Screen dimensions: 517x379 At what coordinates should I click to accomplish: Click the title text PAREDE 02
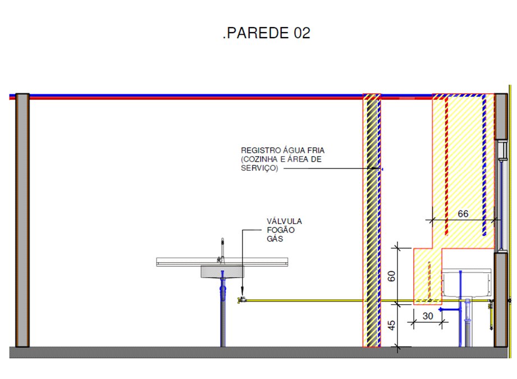tap(267, 33)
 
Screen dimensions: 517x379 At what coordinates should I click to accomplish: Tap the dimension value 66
tap(463, 214)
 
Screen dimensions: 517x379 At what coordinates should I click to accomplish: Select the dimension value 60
tap(391, 276)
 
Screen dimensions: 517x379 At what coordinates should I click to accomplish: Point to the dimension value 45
tap(391, 325)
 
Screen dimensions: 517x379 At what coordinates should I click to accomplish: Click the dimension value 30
tap(428, 316)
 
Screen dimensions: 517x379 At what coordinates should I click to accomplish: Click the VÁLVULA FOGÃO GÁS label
tap(284, 230)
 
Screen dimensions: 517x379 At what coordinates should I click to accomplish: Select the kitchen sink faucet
tap(221, 250)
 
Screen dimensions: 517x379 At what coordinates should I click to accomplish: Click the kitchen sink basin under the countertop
tap(222, 272)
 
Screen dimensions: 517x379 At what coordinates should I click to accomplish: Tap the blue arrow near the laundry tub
tap(449, 309)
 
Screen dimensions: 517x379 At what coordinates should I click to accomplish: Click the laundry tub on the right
tap(466, 283)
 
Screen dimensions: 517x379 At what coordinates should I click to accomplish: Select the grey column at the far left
tap(22, 220)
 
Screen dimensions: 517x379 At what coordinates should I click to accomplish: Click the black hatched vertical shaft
tap(372, 220)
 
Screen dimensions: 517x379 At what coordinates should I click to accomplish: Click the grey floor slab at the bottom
tap(258, 352)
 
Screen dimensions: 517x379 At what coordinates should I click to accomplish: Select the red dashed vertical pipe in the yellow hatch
tap(447, 166)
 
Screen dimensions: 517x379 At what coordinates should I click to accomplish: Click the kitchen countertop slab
tap(222, 262)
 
